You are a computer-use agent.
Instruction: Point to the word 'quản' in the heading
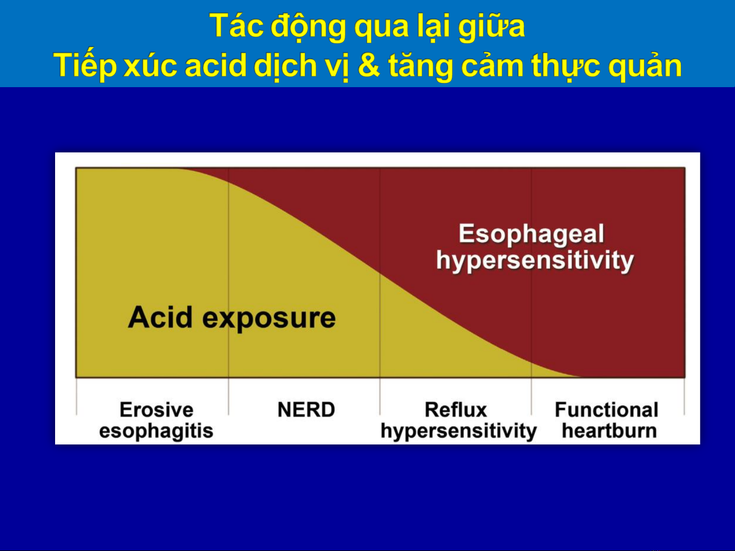point(645,66)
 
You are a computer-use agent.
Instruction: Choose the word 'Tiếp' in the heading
point(85,65)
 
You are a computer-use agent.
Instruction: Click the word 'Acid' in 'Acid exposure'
point(160,317)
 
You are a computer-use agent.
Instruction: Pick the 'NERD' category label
point(307,409)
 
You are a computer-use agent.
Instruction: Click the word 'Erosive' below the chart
point(157,409)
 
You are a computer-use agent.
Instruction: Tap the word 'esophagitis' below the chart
point(156,431)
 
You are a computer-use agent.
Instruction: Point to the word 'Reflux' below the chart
point(455,409)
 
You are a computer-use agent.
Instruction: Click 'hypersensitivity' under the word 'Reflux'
point(459,431)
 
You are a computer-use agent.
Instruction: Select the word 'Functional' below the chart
point(607,409)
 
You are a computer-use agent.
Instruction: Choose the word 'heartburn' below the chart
point(610,430)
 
